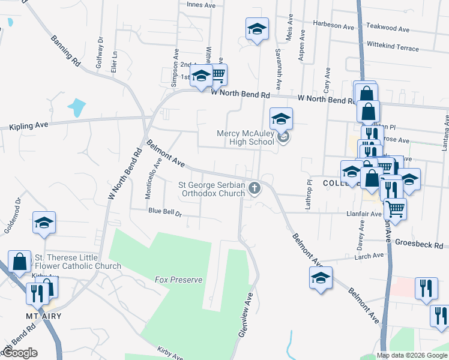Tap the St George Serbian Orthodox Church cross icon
click(x=255, y=189)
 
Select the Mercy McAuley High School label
click(x=246, y=137)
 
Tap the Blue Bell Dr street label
click(x=165, y=211)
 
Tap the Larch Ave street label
click(x=370, y=256)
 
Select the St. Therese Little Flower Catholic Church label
click(x=78, y=262)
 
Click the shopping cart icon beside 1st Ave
click(x=218, y=75)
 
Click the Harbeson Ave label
click(x=334, y=26)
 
